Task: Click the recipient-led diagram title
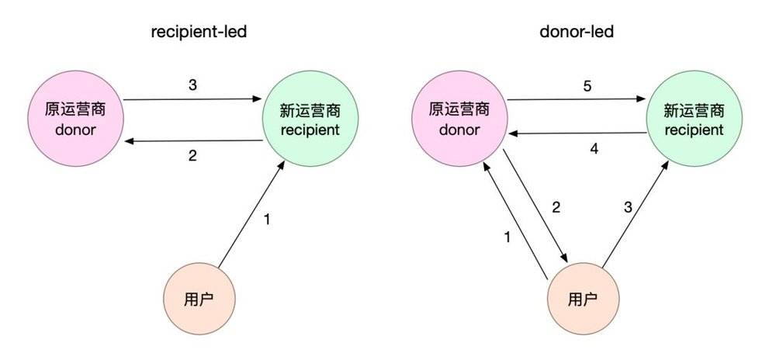[x=199, y=33]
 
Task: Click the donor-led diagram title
[x=577, y=32]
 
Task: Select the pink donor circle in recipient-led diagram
[x=75, y=119]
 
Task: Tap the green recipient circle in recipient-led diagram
[x=310, y=119]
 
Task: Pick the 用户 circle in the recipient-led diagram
[x=199, y=299]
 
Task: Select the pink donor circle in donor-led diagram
[x=459, y=119]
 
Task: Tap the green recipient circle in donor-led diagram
[x=695, y=119]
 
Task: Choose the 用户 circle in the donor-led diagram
[x=584, y=299]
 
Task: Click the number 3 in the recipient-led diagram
[x=192, y=85]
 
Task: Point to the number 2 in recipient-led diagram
[x=192, y=156]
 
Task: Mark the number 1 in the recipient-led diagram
[x=267, y=219]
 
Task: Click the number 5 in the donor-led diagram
[x=587, y=86]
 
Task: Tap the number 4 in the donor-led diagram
[x=594, y=149]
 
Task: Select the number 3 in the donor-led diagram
[x=628, y=208]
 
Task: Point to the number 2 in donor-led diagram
[x=556, y=208]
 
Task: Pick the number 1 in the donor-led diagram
[x=507, y=237]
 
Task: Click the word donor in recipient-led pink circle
[x=74, y=130]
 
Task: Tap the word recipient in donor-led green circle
[x=695, y=130]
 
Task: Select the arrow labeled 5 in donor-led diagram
[x=577, y=99]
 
